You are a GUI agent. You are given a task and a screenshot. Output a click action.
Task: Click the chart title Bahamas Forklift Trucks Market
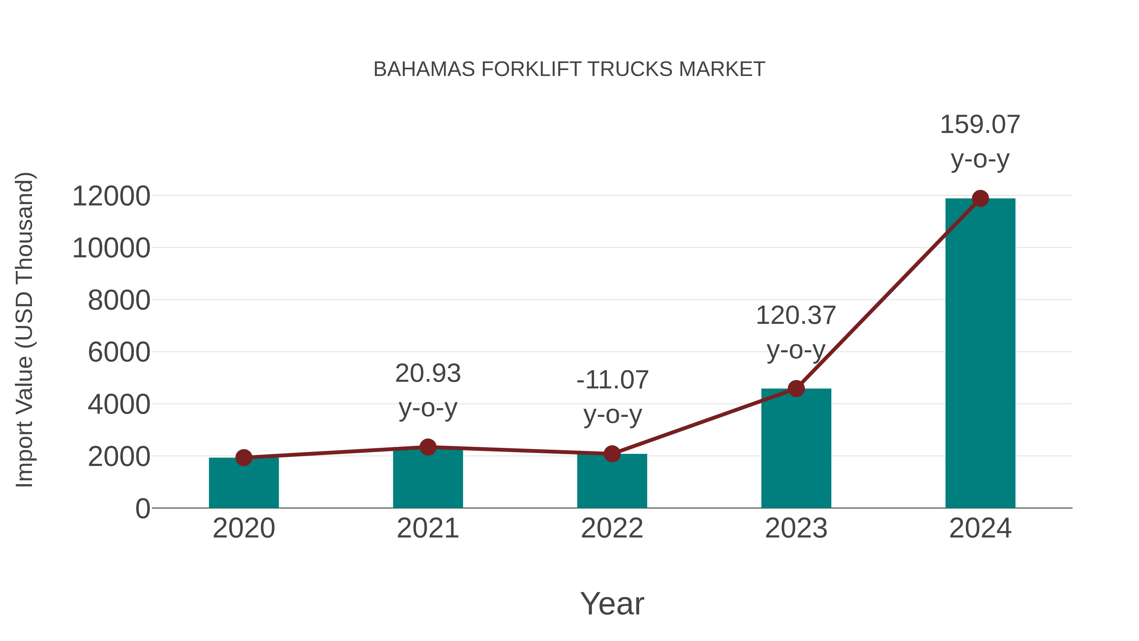[x=569, y=69]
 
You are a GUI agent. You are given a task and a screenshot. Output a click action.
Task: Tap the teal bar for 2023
[x=796, y=449]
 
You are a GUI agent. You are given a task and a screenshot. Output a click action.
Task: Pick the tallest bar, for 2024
[x=980, y=354]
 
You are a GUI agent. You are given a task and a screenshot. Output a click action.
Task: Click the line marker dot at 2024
[x=980, y=198]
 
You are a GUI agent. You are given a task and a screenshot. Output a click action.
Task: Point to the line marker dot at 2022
[x=612, y=454]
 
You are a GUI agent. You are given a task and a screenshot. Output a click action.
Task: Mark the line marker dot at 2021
[x=427, y=447]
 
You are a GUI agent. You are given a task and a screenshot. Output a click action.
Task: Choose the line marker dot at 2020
[x=244, y=458]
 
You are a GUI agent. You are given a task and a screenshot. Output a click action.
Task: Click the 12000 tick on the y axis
[x=111, y=196]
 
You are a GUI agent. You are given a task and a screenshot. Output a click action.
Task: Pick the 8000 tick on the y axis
[x=119, y=300]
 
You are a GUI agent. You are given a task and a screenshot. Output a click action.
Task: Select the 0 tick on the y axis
[x=142, y=509]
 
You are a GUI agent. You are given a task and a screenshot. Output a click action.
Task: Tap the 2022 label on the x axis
[x=612, y=528]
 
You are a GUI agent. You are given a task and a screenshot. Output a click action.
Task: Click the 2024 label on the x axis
[x=980, y=528]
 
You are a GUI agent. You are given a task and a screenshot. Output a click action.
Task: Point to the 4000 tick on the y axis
[x=119, y=405]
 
